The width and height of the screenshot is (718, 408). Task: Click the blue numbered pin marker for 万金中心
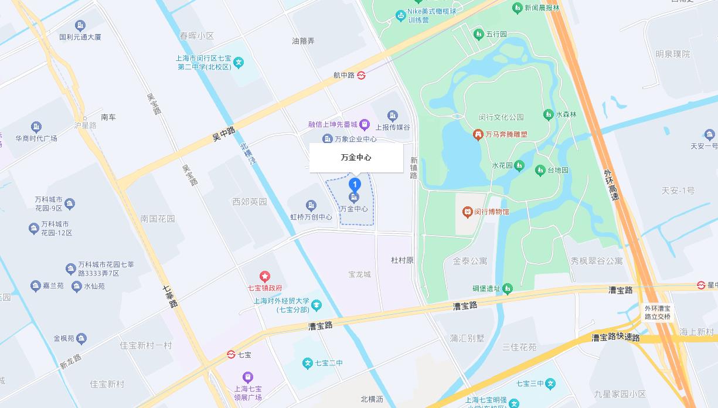click(x=354, y=184)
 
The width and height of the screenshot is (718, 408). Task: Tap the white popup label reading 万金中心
click(x=356, y=158)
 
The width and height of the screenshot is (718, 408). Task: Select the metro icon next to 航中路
click(x=362, y=75)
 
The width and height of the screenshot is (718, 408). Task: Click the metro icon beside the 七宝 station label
click(x=232, y=355)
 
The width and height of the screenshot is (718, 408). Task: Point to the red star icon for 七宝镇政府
click(x=265, y=277)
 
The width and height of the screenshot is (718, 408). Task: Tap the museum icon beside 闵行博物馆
click(x=467, y=212)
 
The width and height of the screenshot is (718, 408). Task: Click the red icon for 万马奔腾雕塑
click(x=478, y=134)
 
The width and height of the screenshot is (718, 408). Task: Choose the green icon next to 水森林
click(x=548, y=114)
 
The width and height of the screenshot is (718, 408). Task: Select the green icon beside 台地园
click(x=540, y=171)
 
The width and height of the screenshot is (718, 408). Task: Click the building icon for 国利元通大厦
click(x=80, y=26)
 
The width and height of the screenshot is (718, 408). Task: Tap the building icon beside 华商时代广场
click(x=36, y=127)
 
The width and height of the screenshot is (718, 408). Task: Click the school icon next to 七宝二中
click(x=307, y=363)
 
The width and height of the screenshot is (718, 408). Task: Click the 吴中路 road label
click(x=223, y=134)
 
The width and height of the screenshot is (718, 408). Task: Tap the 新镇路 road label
click(x=414, y=168)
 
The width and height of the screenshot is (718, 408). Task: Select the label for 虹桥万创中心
click(x=311, y=217)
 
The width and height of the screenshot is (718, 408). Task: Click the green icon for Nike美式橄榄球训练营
click(x=401, y=15)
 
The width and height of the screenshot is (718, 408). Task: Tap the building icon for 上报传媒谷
click(x=393, y=116)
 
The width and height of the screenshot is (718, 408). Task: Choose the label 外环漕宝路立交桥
click(x=658, y=312)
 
